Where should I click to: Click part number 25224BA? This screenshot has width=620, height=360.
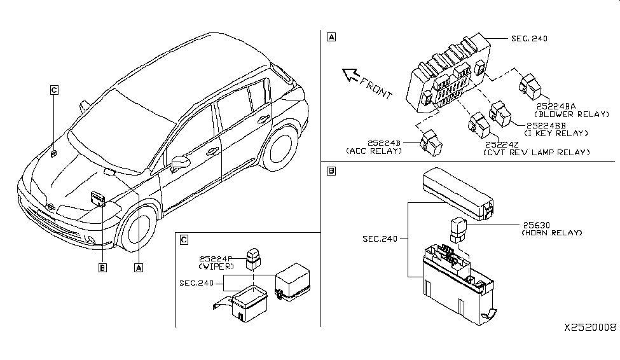pyautogui.click(x=555, y=106)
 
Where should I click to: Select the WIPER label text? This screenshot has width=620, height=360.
pyautogui.click(x=220, y=267)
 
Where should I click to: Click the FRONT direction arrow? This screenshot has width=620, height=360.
pyautogui.click(x=351, y=77)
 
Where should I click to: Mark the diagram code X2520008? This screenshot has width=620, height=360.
pyautogui.click(x=590, y=328)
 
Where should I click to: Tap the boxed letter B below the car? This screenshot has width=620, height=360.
pyautogui.click(x=102, y=267)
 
